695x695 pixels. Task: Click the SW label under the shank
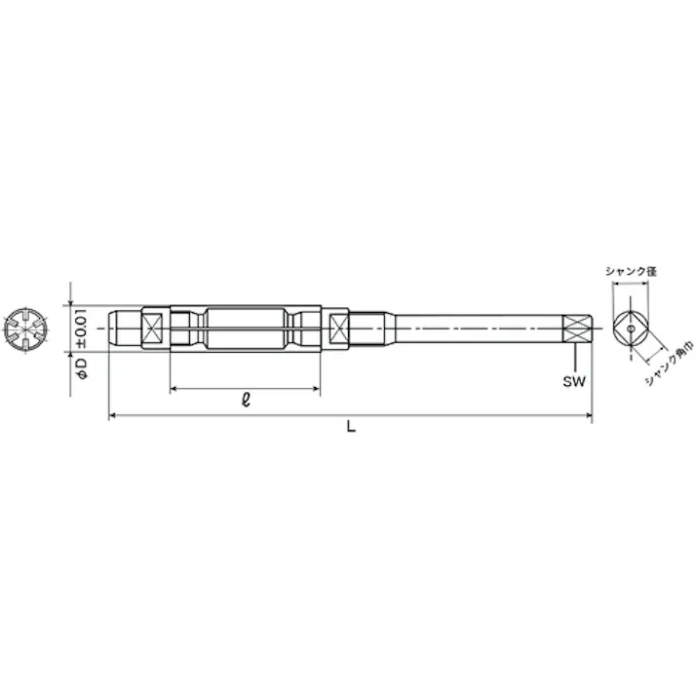click(573, 381)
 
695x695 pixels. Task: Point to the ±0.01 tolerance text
click(83, 328)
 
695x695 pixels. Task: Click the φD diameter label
click(83, 369)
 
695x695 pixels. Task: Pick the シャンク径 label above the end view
click(631, 271)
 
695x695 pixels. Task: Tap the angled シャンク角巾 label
click(667, 365)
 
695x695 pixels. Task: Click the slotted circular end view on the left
click(25, 329)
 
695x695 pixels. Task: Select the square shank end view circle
click(631, 329)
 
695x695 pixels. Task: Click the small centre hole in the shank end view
click(631, 329)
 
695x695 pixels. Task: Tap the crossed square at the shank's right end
click(578, 328)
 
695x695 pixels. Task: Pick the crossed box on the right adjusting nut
click(338, 328)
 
